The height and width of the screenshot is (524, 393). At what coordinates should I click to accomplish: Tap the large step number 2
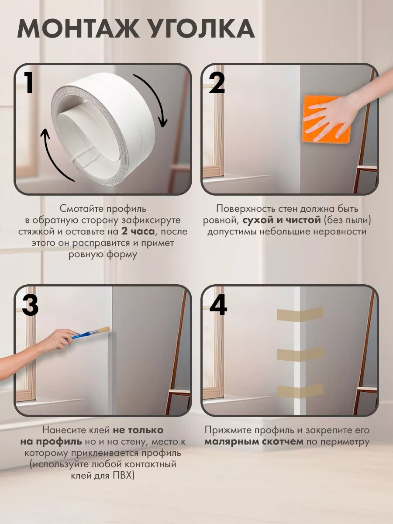(217, 83)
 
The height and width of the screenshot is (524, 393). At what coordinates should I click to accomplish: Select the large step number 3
(30, 304)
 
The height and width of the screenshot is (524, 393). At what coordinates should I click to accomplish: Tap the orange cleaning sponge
(327, 119)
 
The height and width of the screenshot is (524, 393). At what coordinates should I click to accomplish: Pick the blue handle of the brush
(81, 335)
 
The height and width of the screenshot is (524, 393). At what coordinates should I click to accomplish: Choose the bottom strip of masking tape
(300, 391)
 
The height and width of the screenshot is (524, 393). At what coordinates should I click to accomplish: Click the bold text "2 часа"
(138, 231)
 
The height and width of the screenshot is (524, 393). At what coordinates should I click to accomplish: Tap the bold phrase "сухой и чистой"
(282, 220)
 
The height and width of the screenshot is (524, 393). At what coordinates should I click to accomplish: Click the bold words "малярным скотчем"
(254, 441)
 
